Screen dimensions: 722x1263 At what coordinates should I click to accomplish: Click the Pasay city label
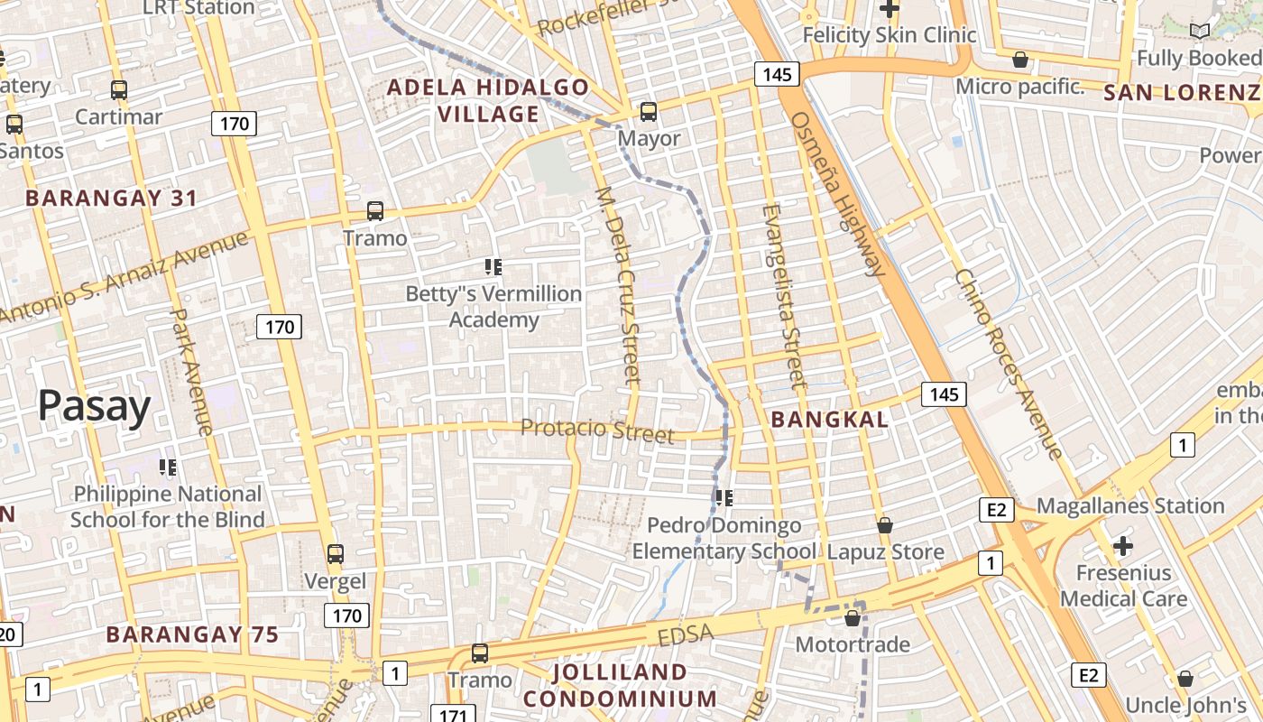click(x=94, y=406)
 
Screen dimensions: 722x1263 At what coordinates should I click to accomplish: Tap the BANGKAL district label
click(x=830, y=420)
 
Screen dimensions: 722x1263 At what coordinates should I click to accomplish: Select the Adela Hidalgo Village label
click(x=488, y=101)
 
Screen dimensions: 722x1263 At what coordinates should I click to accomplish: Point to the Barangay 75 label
click(x=193, y=634)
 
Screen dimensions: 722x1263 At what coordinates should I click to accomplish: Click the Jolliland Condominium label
click(x=620, y=686)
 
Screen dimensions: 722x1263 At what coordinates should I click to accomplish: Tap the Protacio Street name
click(x=597, y=430)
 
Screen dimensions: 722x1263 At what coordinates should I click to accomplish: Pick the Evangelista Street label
click(x=781, y=296)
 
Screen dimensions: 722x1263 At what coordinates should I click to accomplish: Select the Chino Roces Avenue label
click(x=1009, y=363)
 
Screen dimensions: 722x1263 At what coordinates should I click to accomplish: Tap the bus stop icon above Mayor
click(x=649, y=112)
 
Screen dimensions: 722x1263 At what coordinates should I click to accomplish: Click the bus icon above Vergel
click(x=336, y=554)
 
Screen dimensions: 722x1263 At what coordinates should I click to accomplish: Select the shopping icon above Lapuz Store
click(x=885, y=525)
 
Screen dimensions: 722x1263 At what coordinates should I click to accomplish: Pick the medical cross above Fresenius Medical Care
click(x=1122, y=546)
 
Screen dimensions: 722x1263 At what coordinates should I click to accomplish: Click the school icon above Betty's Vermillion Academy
click(x=493, y=267)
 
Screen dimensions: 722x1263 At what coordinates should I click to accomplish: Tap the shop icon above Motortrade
click(x=852, y=618)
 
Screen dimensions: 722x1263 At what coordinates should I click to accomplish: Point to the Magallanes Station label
click(x=1129, y=505)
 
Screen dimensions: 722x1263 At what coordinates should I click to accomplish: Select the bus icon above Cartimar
click(x=119, y=90)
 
